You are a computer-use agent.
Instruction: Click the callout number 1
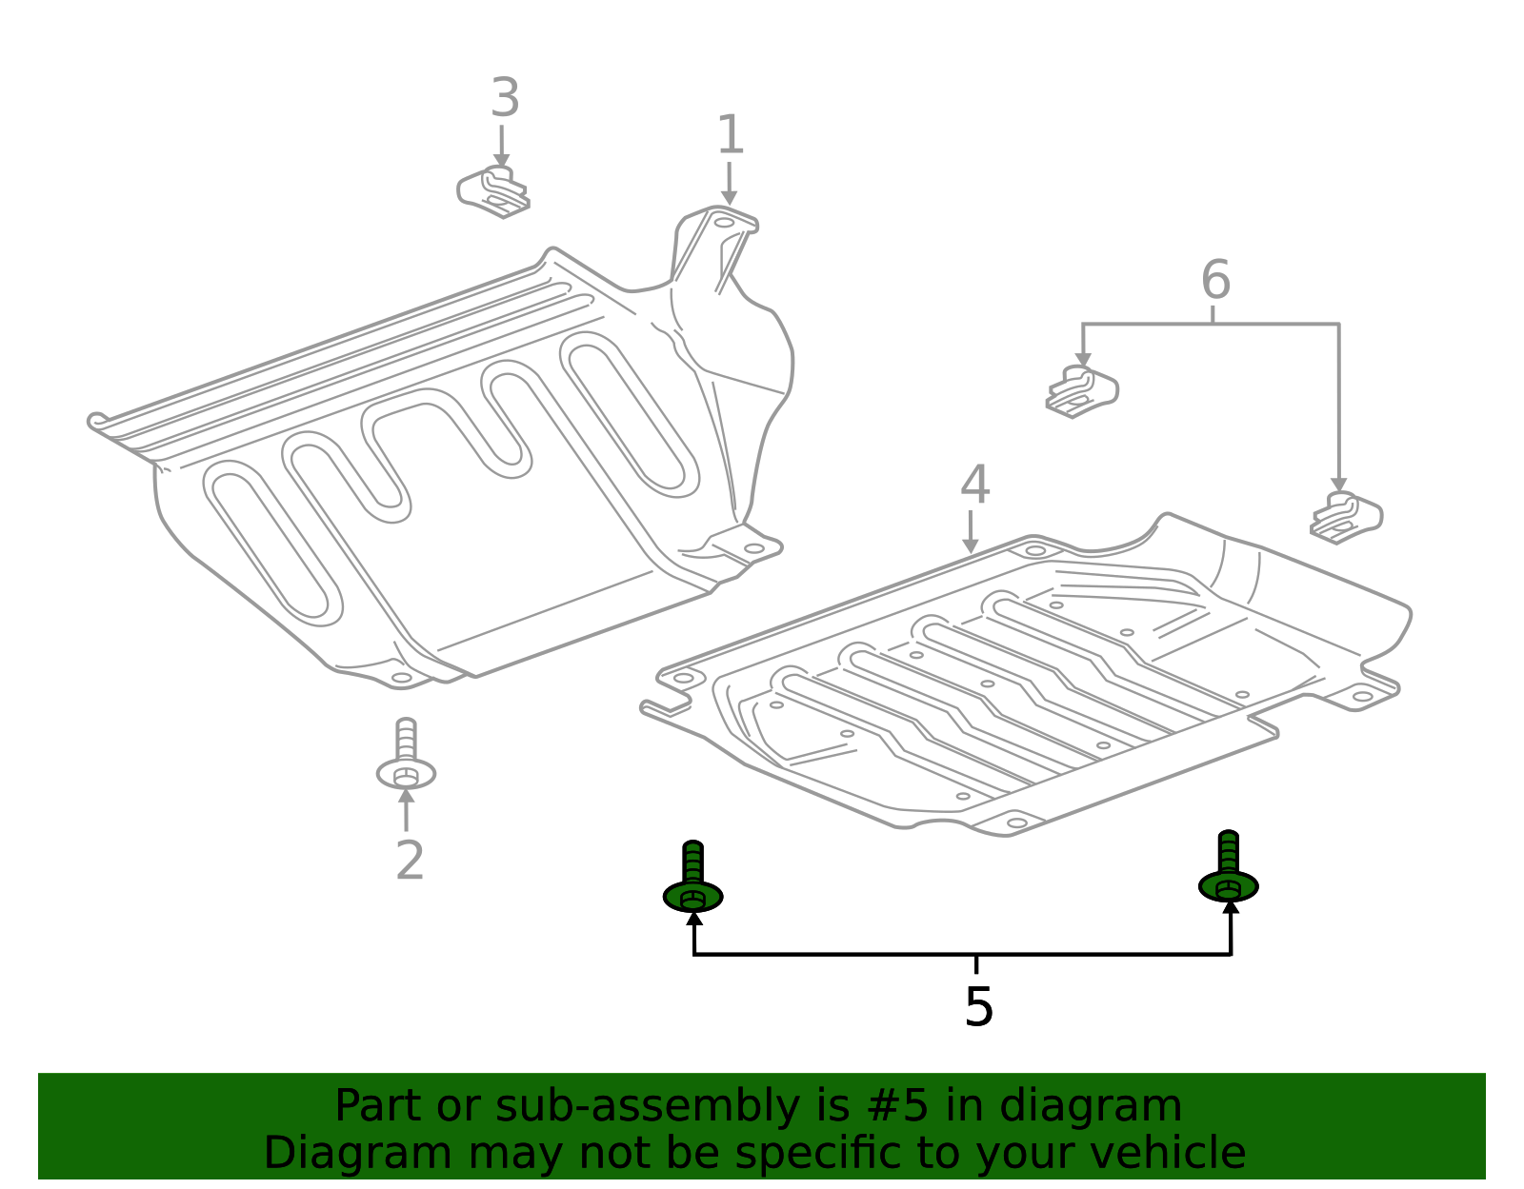coord(730,135)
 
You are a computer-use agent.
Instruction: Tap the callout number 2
coord(410,861)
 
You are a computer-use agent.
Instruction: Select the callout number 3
coord(505,99)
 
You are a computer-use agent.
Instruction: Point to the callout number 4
coord(974,486)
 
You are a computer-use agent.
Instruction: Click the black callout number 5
coord(978,1007)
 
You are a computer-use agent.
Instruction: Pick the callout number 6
coord(1215,281)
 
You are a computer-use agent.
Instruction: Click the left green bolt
coord(693,880)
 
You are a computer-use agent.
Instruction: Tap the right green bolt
coord(1229,869)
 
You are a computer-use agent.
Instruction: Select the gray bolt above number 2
coord(406,757)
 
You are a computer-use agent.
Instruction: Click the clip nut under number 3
coord(494,191)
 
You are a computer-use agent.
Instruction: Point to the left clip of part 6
coord(1082,391)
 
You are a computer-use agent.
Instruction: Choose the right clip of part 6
coord(1346,518)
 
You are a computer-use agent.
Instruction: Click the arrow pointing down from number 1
coord(729,184)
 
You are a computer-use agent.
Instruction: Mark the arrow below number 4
coord(970,532)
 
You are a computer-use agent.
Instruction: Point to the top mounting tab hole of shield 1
coord(725,223)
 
